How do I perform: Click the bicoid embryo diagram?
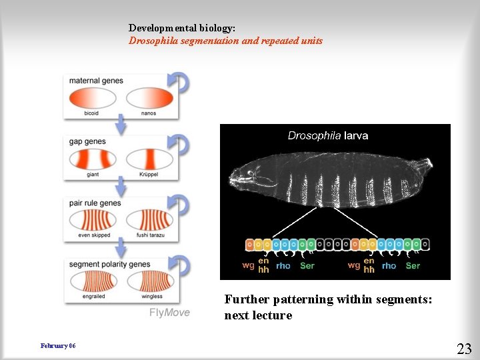[x=93, y=99]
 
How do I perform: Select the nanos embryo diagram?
[x=149, y=99]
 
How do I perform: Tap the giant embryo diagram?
[x=93, y=159]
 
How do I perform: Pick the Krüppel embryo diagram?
[x=149, y=159]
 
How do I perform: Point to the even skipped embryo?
[x=93, y=220]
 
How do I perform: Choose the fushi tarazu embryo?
[x=149, y=220]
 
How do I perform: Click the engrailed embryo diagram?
[x=93, y=281]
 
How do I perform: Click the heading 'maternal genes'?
[x=96, y=81]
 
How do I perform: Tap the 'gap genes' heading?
[x=87, y=142]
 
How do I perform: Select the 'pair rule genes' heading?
[x=95, y=203]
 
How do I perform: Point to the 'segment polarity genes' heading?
[x=110, y=264]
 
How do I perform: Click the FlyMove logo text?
[x=169, y=312]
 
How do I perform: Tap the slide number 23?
[x=464, y=348]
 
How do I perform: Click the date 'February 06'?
[x=58, y=346]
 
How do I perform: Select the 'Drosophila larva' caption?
[x=327, y=136]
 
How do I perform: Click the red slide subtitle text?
[x=225, y=41]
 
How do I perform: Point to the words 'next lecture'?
[x=258, y=315]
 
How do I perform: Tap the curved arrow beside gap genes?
[x=180, y=144]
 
